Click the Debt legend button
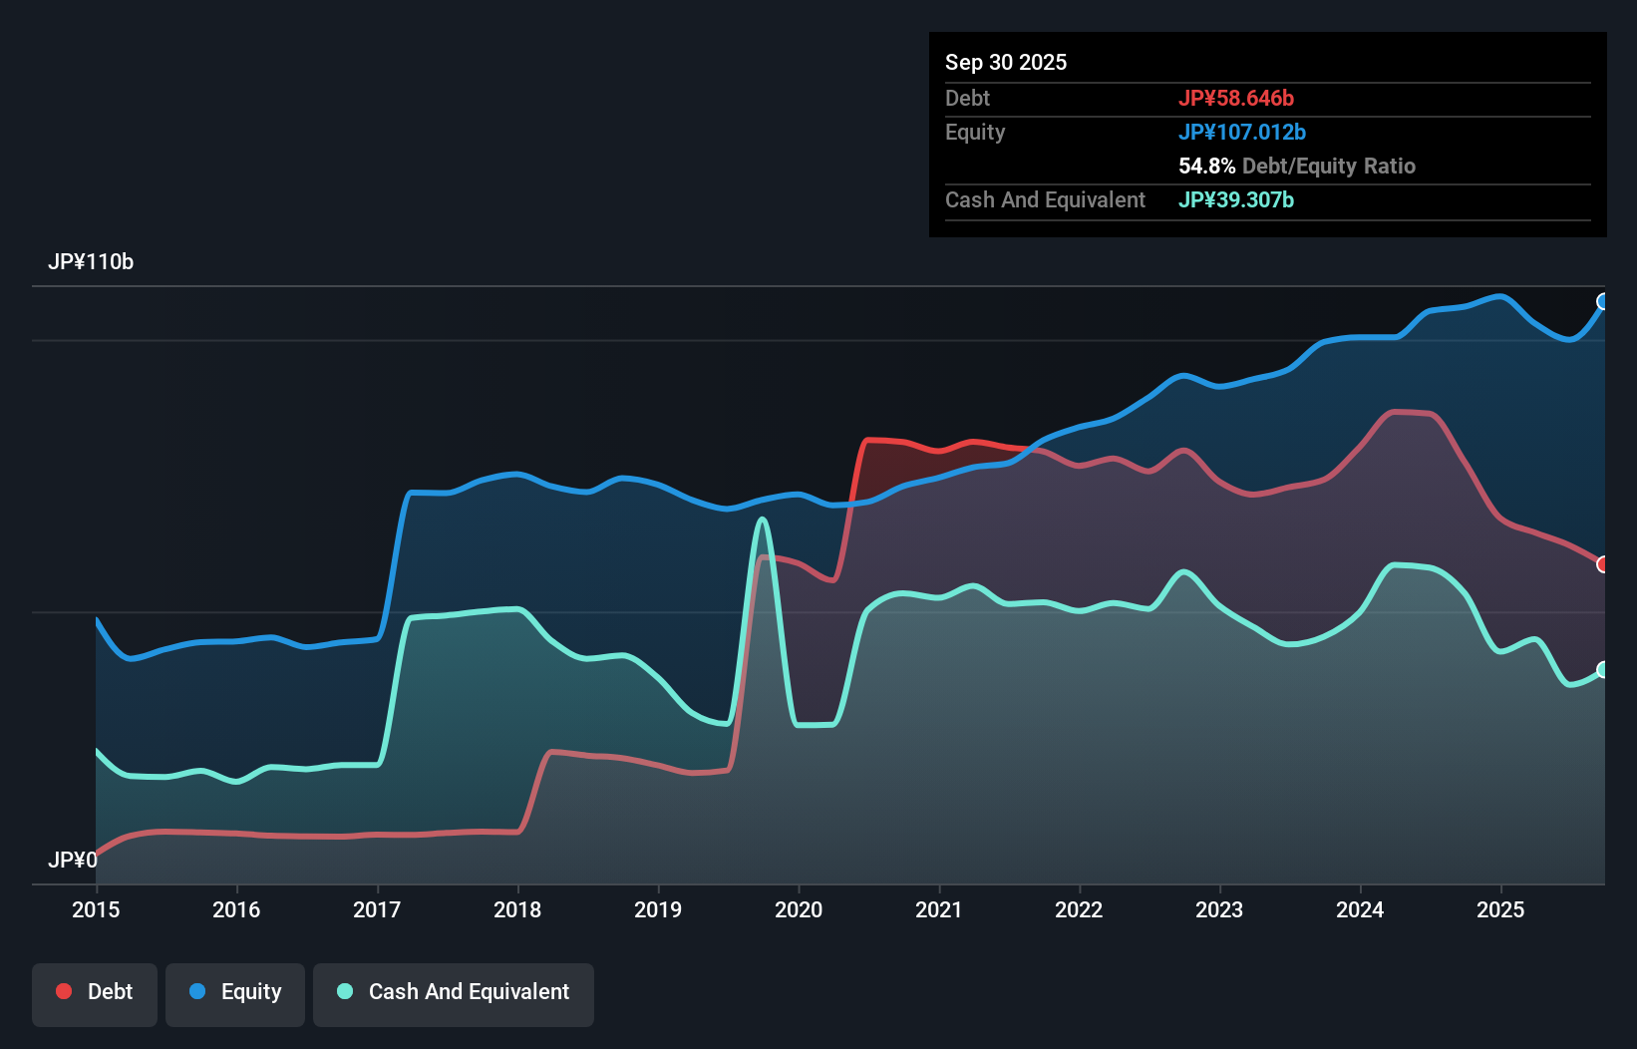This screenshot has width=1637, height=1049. click(95, 992)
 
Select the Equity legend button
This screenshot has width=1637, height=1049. click(235, 992)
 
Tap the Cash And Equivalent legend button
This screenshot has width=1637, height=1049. click(454, 992)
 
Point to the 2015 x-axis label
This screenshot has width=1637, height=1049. click(96, 909)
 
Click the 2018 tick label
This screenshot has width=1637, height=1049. click(517, 909)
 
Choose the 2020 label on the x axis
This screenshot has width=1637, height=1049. click(799, 909)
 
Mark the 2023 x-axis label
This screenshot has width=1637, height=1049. click(1219, 909)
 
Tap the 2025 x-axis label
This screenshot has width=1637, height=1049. click(1500, 909)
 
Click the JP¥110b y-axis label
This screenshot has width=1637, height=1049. click(91, 262)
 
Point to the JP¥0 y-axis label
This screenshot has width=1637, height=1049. click(73, 860)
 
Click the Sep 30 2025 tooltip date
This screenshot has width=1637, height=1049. click(1006, 62)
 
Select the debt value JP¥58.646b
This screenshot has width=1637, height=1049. click(1236, 98)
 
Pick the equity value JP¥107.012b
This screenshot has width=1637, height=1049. click(1242, 132)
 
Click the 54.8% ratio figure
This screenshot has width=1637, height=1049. click(1206, 166)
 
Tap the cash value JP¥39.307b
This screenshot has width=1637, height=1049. click(1236, 199)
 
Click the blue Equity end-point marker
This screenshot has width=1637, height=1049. click(1603, 301)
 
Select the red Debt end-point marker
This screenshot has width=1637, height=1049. click(1603, 564)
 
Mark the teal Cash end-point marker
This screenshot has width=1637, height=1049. click(1603, 669)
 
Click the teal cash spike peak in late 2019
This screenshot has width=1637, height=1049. click(763, 519)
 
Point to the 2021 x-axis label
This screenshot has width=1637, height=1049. click(939, 909)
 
